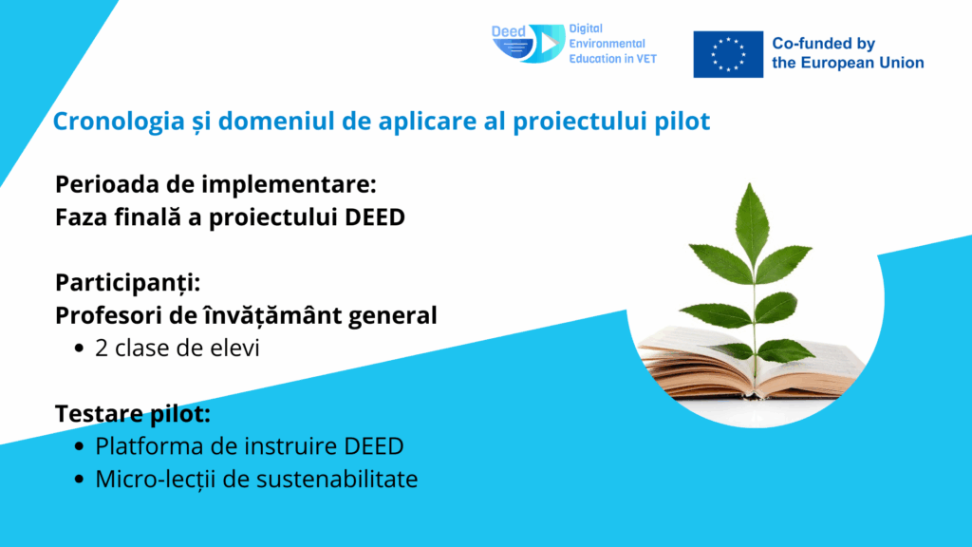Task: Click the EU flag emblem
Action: [728, 54]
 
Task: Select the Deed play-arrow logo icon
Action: [529, 44]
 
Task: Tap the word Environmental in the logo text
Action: [607, 44]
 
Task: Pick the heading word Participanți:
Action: [128, 283]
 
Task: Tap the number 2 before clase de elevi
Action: [102, 348]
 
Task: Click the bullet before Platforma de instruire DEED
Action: [79, 446]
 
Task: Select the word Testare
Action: [99, 414]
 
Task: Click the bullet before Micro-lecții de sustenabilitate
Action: [79, 480]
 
